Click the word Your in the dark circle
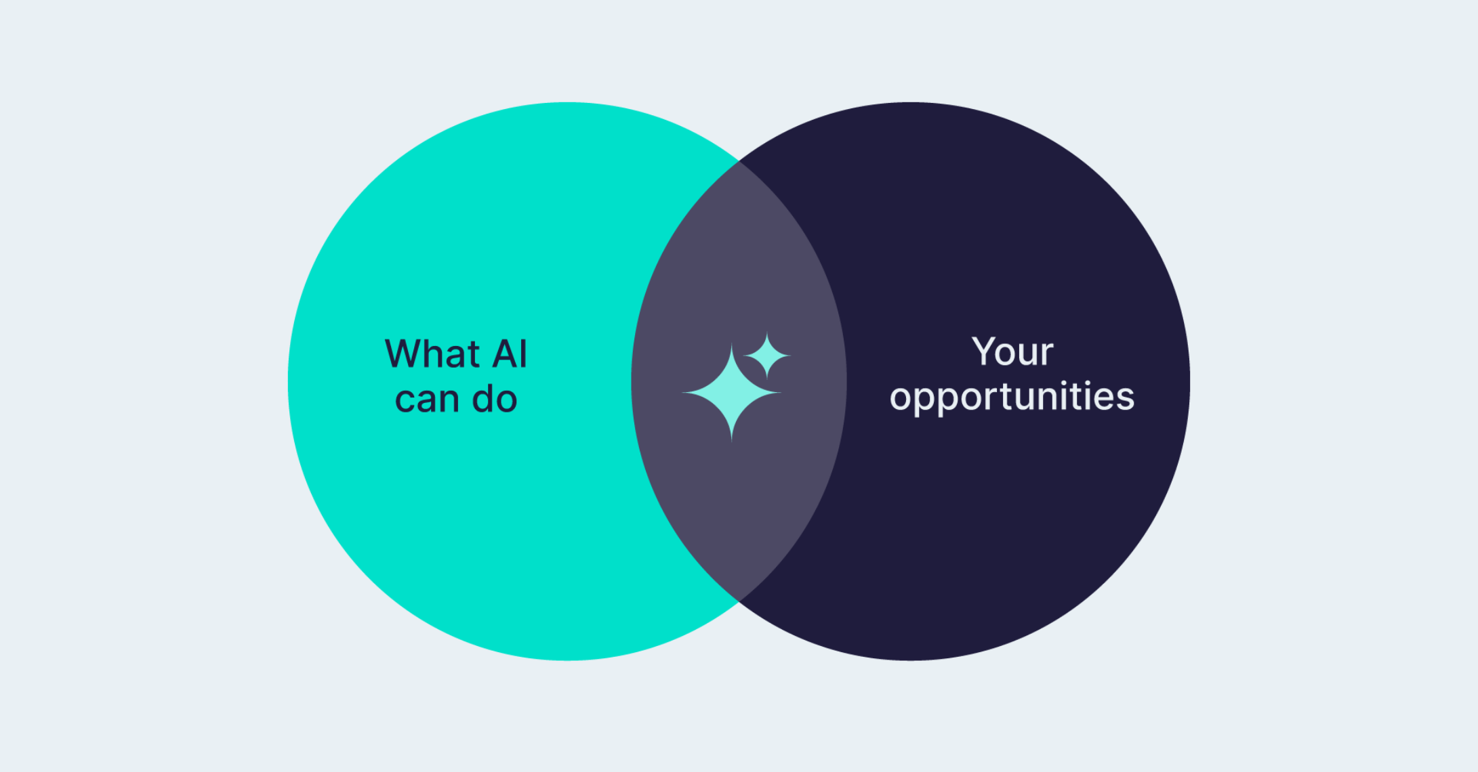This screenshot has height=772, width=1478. pyautogui.click(x=1012, y=351)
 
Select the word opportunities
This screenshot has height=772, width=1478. pyautogui.click(x=1012, y=397)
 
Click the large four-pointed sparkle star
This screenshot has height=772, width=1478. pyautogui.click(x=731, y=392)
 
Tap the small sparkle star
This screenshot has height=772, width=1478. pyautogui.click(x=767, y=355)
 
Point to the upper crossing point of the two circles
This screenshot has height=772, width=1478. pyautogui.click(x=739, y=162)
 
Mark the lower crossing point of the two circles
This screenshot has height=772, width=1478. pyautogui.click(x=739, y=600)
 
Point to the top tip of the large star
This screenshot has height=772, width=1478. pyautogui.click(x=731, y=345)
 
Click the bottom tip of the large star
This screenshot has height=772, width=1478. pyautogui.click(x=731, y=440)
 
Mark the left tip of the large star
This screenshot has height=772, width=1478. pyautogui.click(x=683, y=392)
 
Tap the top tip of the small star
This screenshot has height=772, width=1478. pyautogui.click(x=767, y=333)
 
